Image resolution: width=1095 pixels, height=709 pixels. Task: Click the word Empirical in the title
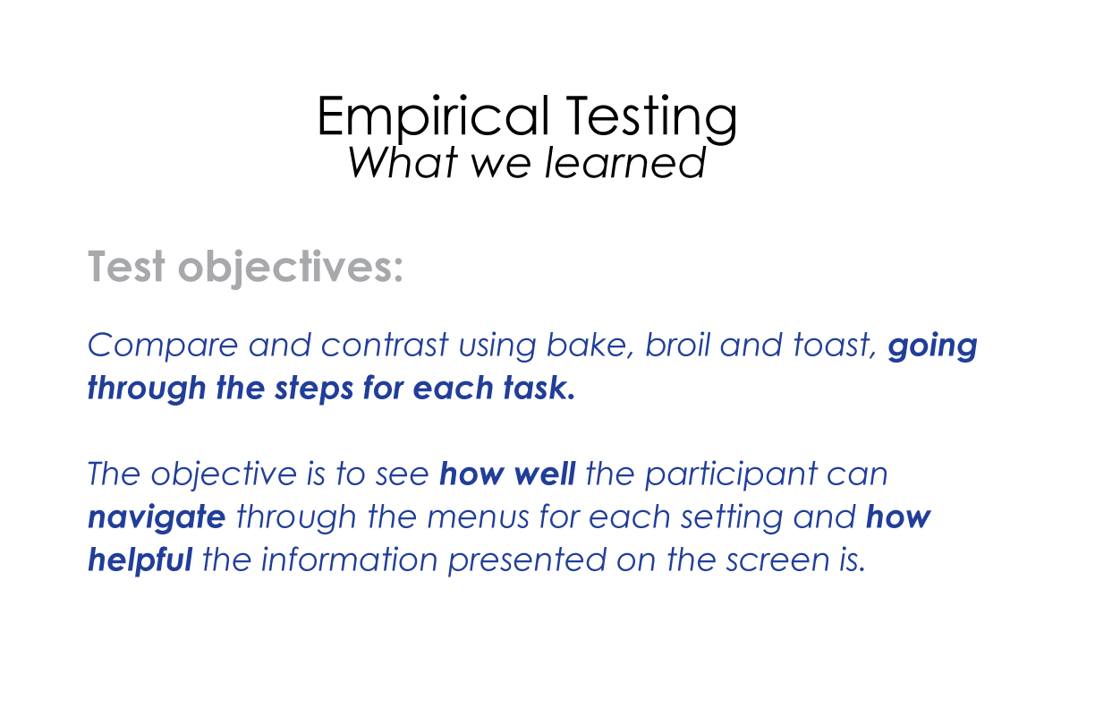[x=433, y=117]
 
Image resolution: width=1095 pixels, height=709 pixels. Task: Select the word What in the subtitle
[x=403, y=162]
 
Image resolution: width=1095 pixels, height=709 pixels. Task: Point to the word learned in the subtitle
[x=625, y=162]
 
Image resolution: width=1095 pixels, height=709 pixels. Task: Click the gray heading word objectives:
[x=291, y=268]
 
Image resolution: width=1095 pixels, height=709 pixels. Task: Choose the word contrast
[x=385, y=345]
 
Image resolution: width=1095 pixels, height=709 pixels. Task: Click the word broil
[x=677, y=345]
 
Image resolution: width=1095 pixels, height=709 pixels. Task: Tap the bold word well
[x=545, y=474]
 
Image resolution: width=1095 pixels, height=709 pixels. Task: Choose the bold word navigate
[x=157, y=518]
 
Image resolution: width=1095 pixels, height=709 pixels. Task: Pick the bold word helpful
[x=140, y=560]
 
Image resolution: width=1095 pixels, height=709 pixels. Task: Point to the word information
[x=349, y=560]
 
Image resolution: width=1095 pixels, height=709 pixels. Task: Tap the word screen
[x=777, y=560]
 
